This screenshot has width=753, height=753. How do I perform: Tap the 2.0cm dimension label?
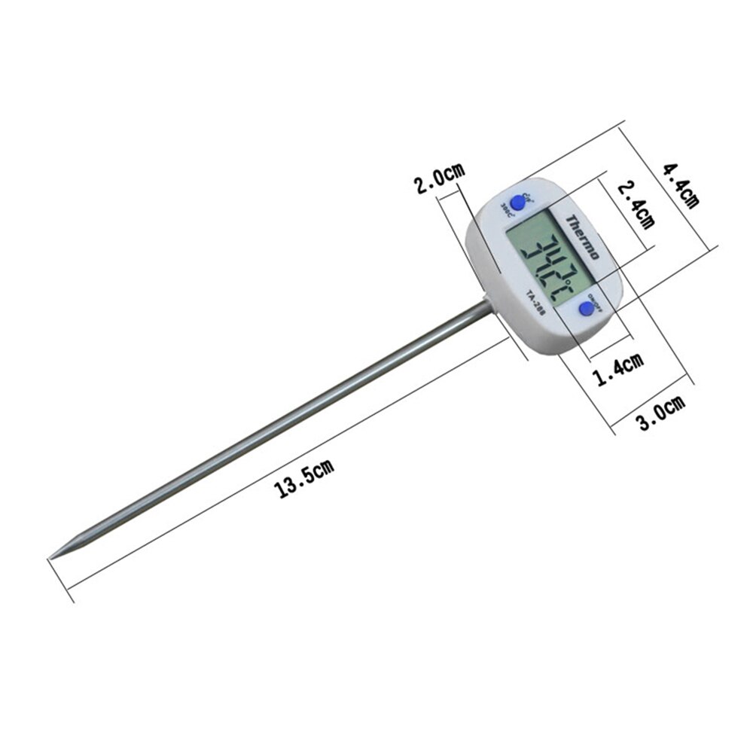(441, 178)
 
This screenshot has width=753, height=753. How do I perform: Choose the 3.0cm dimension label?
(661, 412)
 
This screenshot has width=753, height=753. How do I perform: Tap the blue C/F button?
(518, 203)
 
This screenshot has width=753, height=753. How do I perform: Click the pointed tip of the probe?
(52, 557)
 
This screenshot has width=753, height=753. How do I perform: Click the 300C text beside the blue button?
(507, 212)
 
